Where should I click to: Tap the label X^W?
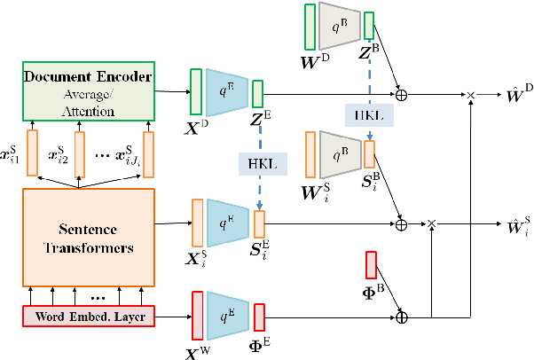pyautogui.click(x=200, y=349)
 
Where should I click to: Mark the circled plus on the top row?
pyautogui.click(x=402, y=93)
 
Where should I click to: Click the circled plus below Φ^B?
pyautogui.click(x=403, y=315)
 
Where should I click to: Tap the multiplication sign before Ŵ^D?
pyautogui.click(x=471, y=93)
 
